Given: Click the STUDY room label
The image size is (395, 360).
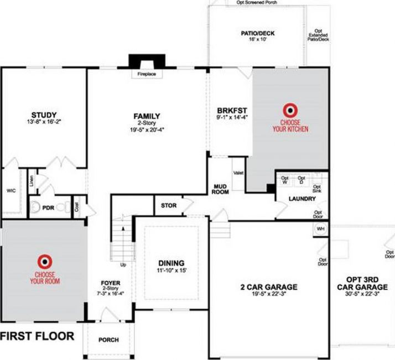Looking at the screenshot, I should click(x=44, y=114).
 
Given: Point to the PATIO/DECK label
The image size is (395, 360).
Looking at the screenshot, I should click(x=257, y=33).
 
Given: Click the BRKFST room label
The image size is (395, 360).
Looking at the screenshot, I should click(x=228, y=109).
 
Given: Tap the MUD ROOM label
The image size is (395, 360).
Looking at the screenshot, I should click(x=221, y=189).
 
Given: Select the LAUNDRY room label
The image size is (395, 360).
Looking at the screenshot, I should click(x=302, y=199).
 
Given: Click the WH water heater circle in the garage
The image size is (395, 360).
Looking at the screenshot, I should click(x=320, y=228).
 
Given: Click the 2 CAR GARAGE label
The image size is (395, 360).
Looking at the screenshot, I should click(x=269, y=287).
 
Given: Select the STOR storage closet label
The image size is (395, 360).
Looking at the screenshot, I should click(x=168, y=206).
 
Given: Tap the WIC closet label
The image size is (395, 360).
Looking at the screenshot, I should click(x=11, y=191).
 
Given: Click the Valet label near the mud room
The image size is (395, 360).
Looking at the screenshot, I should click(x=238, y=174).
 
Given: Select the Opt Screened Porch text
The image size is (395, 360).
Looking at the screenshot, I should click(x=256, y=2).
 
